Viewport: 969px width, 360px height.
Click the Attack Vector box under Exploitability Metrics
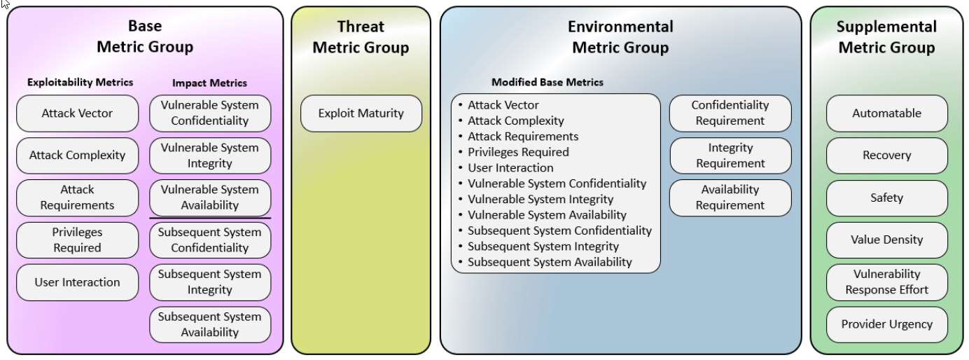[x=78, y=113]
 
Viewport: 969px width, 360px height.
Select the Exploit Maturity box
[x=361, y=113]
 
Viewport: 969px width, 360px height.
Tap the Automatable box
[x=887, y=113]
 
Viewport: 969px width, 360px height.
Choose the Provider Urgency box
[x=887, y=324]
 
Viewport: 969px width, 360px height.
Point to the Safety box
[x=887, y=198]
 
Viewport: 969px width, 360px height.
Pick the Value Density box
[x=887, y=240]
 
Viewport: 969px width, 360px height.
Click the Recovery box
[x=887, y=155]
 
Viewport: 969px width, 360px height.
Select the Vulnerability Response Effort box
[x=887, y=282]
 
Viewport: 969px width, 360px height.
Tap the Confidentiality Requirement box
[x=730, y=113]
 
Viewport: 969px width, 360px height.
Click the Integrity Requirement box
[x=730, y=155]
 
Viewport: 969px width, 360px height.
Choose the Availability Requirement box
[x=730, y=198]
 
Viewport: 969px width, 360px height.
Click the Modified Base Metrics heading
[x=548, y=82]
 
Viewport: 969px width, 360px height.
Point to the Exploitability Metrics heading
[x=80, y=82]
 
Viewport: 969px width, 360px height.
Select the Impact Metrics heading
[x=210, y=83]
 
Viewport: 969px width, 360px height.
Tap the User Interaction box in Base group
[x=78, y=282]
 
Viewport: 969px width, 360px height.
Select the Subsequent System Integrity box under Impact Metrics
[x=210, y=282]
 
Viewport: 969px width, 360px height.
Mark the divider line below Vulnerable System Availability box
[x=210, y=219]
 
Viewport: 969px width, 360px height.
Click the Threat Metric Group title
[x=361, y=37]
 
